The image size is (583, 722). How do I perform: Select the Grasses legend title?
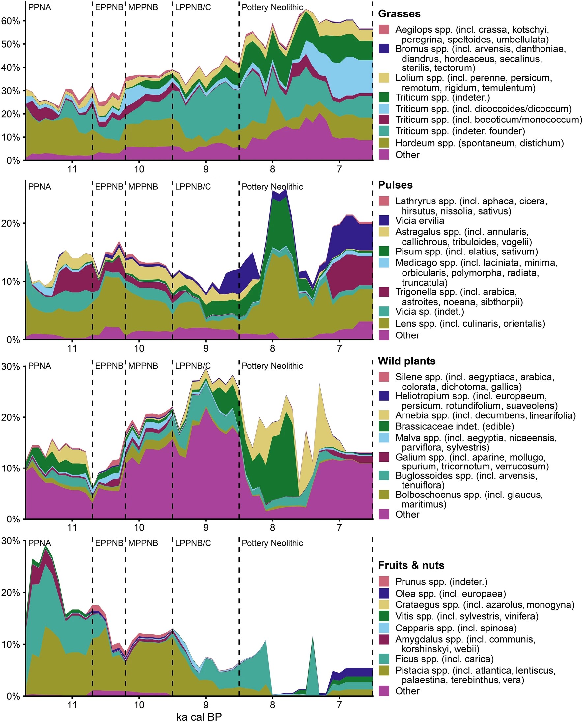pos(399,14)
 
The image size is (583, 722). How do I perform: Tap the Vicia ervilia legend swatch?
pos(384,220)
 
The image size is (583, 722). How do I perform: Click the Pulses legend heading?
pos(395,185)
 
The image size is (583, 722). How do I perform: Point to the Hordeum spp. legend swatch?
pos(384,143)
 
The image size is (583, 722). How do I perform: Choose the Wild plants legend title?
pos(407,361)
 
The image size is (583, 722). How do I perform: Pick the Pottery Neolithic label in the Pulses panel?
pos(272,187)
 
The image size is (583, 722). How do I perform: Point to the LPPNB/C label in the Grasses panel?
pos(193,7)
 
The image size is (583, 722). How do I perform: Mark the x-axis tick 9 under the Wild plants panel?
pos(206,527)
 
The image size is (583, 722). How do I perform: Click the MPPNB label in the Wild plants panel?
pos(143,366)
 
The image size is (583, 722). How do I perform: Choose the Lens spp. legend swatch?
pos(384,323)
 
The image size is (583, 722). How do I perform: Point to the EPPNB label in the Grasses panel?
pos(109,7)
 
